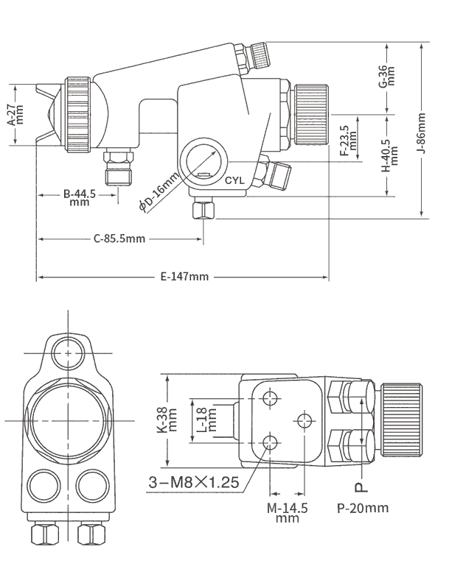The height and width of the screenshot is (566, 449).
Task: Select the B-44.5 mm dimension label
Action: point(80,198)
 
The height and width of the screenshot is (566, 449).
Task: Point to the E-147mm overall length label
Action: point(184,277)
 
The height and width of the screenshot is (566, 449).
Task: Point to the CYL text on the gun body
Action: point(234,179)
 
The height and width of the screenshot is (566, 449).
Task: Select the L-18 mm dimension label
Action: point(207,420)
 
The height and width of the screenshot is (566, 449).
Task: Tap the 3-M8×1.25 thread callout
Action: point(191,483)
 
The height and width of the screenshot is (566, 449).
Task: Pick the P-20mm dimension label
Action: point(362,508)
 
